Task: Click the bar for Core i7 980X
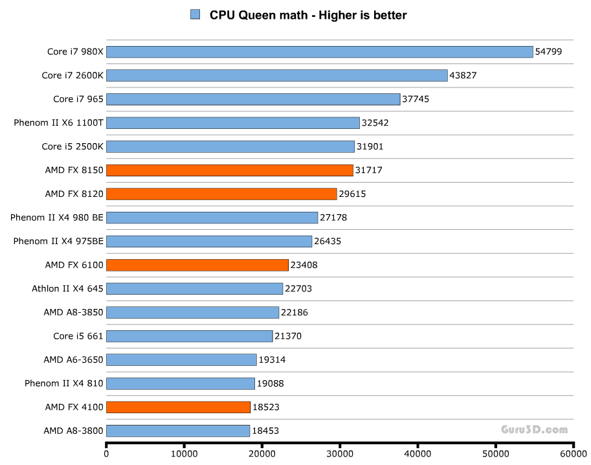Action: click(320, 52)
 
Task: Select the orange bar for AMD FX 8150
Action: click(230, 170)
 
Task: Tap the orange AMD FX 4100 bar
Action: click(178, 407)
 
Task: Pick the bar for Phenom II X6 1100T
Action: click(233, 123)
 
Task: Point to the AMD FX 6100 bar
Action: click(197, 265)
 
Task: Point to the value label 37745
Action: click(416, 99)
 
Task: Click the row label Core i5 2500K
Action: click(72, 146)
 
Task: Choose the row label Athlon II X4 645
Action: click(67, 288)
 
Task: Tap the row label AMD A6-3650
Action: click(73, 359)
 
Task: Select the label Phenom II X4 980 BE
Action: click(56, 218)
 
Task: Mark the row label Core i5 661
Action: click(78, 336)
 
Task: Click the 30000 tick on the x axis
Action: click(340, 453)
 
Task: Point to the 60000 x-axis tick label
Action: click(573, 453)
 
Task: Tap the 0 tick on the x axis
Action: click(106, 453)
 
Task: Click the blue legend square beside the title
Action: click(195, 14)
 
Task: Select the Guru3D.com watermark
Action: click(534, 429)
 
